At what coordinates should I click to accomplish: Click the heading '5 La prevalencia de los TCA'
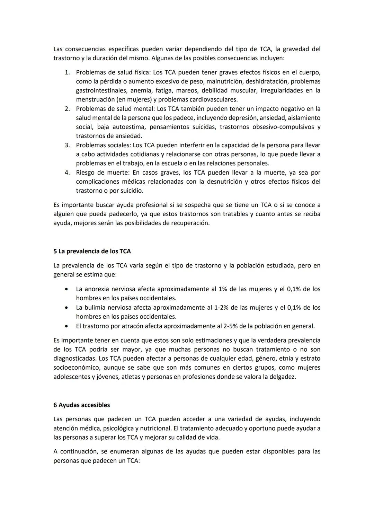click(x=92, y=251)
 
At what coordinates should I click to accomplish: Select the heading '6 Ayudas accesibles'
click(x=81, y=405)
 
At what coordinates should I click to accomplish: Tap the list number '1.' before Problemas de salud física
click(x=68, y=73)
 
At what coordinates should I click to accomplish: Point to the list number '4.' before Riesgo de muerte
click(x=68, y=173)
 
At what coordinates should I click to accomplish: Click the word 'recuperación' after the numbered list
click(x=190, y=223)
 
